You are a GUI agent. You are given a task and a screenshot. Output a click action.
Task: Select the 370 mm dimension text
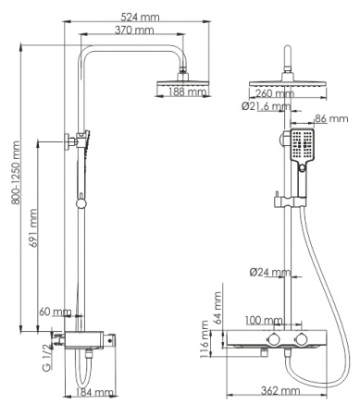coord(135,31)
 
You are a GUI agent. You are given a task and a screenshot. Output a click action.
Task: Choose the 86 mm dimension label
coord(330,119)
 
